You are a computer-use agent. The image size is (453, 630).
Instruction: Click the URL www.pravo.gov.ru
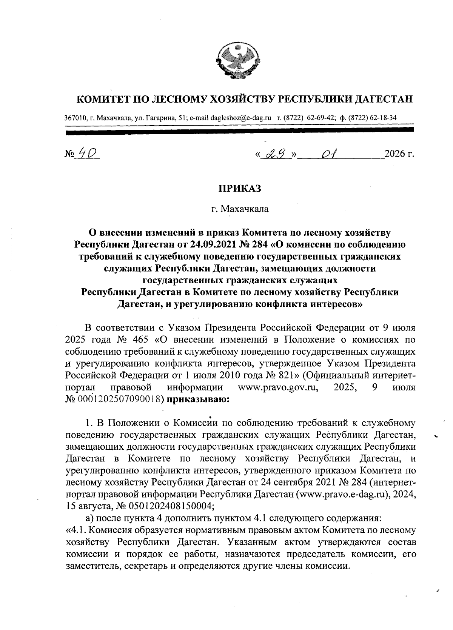pos(277,387)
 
